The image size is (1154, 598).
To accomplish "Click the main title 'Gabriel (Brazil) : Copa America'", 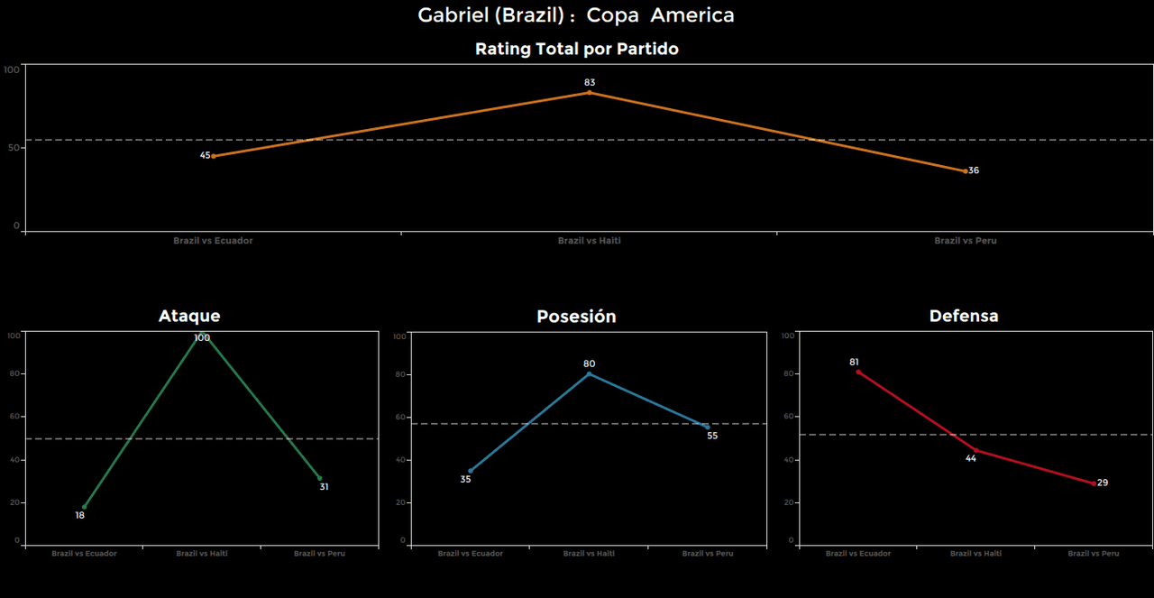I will (x=576, y=15).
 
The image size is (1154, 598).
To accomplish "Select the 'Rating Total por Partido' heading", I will (x=576, y=49).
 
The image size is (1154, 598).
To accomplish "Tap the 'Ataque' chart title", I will (x=189, y=316).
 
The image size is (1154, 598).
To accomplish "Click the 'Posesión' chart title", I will (x=576, y=316).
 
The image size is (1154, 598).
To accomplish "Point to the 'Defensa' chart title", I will (x=964, y=316).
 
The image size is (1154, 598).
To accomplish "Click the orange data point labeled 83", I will (x=590, y=92).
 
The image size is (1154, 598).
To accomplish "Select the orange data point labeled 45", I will (x=214, y=156).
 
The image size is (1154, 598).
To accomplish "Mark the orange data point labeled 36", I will (x=966, y=170).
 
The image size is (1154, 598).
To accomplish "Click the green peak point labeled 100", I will (x=202, y=333).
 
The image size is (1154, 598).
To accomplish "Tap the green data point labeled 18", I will (x=84, y=507).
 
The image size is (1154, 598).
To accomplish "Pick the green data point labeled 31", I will (x=319, y=478).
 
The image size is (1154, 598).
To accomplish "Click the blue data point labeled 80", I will (x=590, y=373).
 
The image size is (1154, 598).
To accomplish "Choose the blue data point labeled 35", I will (x=471, y=471).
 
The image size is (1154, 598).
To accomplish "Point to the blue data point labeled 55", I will (x=708, y=427).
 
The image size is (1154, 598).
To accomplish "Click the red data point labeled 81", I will (x=858, y=372).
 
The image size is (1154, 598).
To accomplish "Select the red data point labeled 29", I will (x=1094, y=483).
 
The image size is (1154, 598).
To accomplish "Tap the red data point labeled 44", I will (x=975, y=450).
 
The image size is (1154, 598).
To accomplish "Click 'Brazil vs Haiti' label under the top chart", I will (x=590, y=241).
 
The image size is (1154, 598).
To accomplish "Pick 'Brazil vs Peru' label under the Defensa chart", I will (x=1094, y=553).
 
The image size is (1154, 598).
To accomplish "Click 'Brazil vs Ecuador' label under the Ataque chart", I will (x=84, y=553).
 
